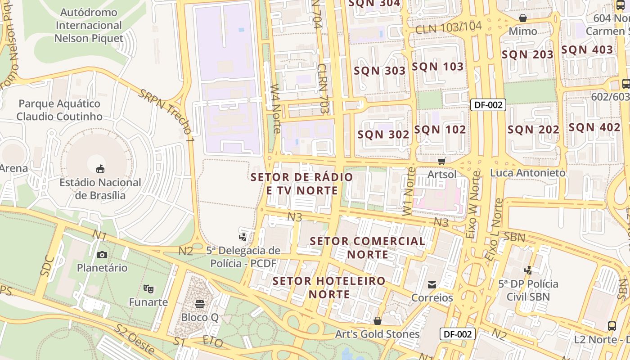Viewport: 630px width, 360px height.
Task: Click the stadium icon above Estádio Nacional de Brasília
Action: (100, 169)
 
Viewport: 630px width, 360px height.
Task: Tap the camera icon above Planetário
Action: (102, 255)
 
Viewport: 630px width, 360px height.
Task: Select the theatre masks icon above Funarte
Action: (148, 288)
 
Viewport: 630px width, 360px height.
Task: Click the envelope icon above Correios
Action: (432, 284)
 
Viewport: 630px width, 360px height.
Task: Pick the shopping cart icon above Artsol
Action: (442, 161)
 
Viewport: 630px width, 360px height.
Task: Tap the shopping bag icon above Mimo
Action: (523, 18)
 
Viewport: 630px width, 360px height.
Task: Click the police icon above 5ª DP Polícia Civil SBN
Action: (528, 270)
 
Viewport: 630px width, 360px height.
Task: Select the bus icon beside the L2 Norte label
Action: (612, 326)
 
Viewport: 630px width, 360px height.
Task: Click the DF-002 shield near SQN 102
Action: (488, 105)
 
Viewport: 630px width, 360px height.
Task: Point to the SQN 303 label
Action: (380, 71)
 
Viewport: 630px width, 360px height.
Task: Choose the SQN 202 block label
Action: (533, 130)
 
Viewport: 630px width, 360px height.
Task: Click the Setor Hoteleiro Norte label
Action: (329, 288)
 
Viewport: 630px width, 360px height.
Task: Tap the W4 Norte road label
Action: (275, 108)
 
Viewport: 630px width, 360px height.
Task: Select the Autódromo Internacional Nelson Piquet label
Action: (89, 25)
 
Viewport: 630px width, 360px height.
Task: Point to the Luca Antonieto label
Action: (527, 173)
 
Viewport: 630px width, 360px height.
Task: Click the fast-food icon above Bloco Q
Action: (200, 304)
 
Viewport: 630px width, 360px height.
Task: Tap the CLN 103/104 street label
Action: (448, 27)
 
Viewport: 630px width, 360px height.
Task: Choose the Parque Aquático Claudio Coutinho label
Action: (59, 110)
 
